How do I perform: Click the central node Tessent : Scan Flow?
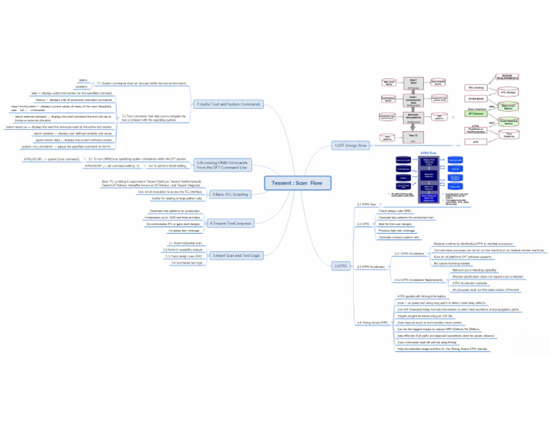[x=296, y=183]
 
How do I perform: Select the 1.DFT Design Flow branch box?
[x=350, y=146]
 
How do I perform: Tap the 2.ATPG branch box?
[x=341, y=265]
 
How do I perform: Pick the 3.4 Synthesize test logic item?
[x=187, y=263]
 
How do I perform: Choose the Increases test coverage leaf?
[x=183, y=231]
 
